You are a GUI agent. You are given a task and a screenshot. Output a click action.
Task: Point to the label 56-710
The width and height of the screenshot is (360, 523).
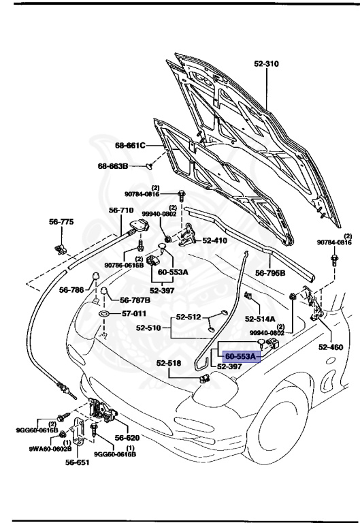(122, 210)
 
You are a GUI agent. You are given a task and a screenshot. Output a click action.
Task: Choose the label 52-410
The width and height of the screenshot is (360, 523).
(216, 240)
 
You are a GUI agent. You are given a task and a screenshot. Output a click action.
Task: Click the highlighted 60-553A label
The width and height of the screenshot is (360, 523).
(240, 356)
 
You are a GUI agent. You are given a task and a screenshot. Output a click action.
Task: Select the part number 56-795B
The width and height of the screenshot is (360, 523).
(270, 273)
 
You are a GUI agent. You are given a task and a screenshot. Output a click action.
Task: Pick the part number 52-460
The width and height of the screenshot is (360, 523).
(331, 347)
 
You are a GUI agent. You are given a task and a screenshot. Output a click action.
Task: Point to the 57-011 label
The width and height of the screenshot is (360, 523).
(133, 314)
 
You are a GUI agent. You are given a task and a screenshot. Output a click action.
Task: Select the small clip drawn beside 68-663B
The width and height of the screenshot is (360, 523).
(152, 165)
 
